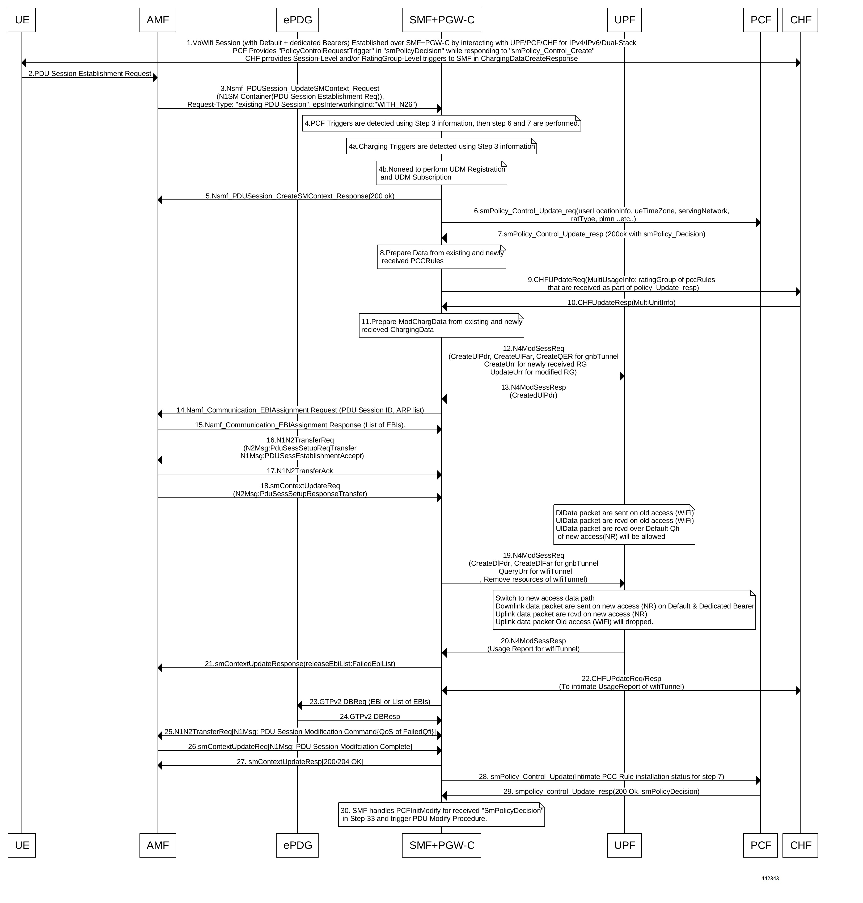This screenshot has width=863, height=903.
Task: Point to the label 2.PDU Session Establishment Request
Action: click(x=90, y=74)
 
